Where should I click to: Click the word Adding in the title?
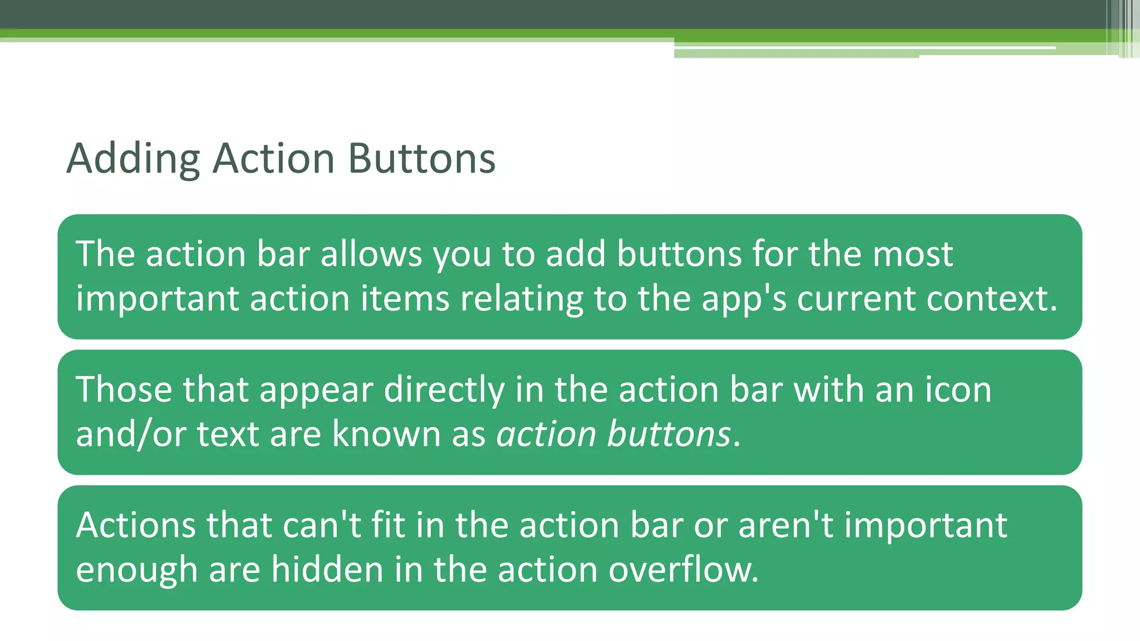[133, 159]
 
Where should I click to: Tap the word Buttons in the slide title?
[421, 159]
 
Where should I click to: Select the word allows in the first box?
[371, 254]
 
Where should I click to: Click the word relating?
[521, 299]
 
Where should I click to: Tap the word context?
[991, 299]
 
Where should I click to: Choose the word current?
[856, 299]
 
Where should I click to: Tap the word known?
[386, 434]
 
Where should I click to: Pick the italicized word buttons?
[669, 434]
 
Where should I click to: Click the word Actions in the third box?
[136, 525]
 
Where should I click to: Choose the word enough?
[136, 570]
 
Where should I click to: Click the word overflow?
[683, 570]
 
